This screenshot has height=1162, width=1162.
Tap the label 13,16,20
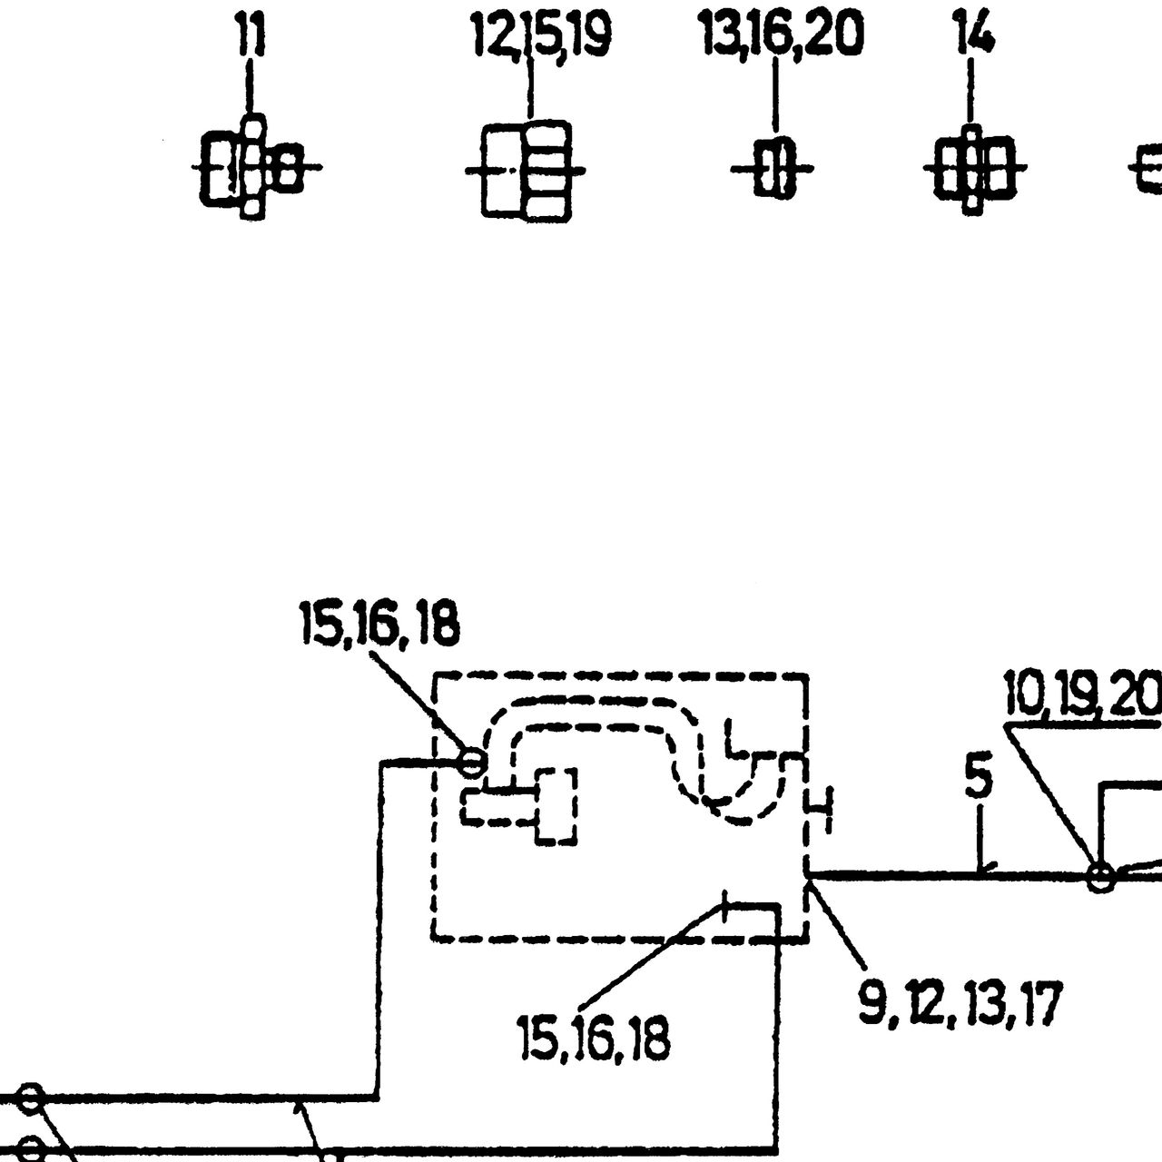(x=782, y=34)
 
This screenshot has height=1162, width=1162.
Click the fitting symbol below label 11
(x=254, y=167)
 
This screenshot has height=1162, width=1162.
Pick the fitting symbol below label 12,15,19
(x=526, y=172)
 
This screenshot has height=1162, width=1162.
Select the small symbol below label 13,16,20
(x=773, y=168)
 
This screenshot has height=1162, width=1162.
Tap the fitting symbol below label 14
(x=974, y=169)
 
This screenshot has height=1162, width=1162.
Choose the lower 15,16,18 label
(x=595, y=1039)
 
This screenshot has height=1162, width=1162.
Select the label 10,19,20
(x=1083, y=694)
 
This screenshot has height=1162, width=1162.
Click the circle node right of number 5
(x=1100, y=876)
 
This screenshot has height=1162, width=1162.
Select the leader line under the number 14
(x=970, y=91)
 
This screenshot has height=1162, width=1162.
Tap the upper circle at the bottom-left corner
(x=31, y=1098)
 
